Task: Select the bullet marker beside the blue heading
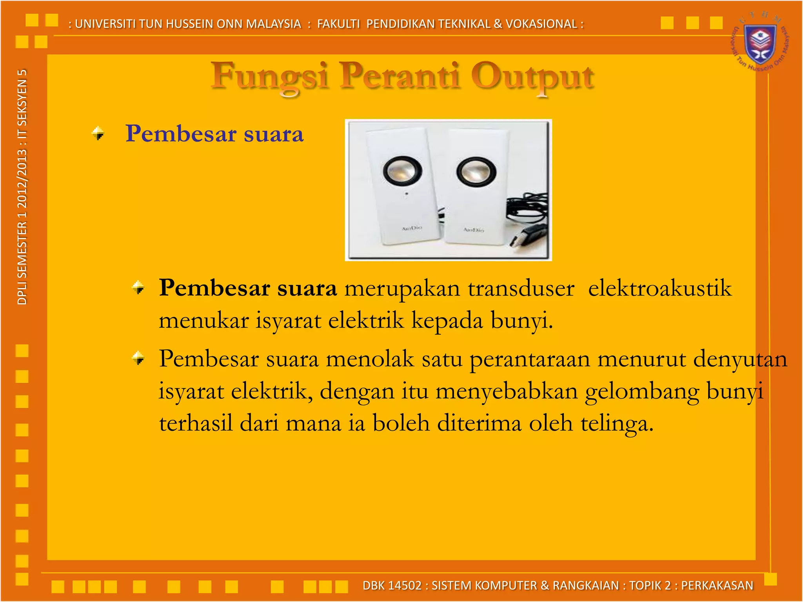[98, 133]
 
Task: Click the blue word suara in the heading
[274, 134]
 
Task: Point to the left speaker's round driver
[402, 170]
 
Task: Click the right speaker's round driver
[476, 172]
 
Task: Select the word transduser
[521, 289]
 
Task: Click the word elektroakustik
[660, 289]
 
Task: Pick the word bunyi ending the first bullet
[521, 321]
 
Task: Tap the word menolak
[370, 359]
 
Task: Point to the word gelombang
[642, 392]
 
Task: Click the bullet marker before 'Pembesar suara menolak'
[138, 358]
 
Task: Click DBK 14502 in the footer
[392, 586]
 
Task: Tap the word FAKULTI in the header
[338, 24]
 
